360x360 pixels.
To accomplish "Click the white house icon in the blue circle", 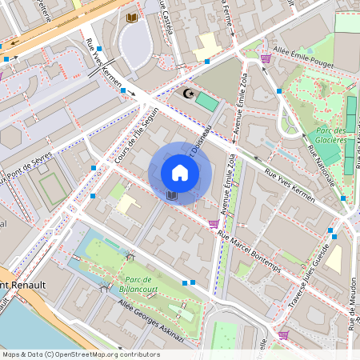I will (x=180, y=173).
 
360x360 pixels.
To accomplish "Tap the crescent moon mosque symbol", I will (x=189, y=94).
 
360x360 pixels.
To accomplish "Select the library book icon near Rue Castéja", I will (x=131, y=18).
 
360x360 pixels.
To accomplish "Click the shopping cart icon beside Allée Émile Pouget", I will (x=265, y=58).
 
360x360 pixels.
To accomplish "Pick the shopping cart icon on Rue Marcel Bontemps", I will (x=213, y=224).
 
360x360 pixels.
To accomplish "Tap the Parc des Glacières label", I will (x=329, y=135).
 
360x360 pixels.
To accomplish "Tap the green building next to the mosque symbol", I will (x=206, y=102).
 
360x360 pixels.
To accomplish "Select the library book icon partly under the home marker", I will (x=171, y=194).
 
